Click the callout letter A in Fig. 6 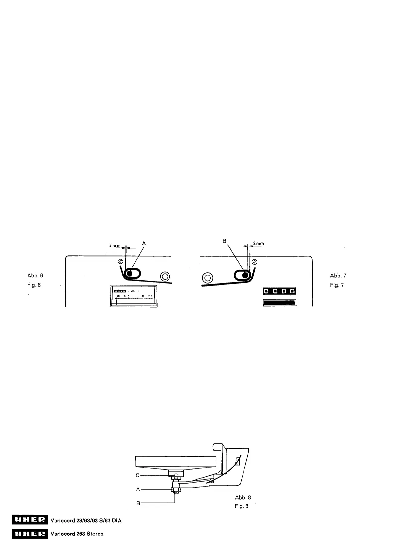coord(144,243)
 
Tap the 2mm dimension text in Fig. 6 coord(115,245)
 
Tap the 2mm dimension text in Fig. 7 coord(258,243)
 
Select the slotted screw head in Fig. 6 coord(121,261)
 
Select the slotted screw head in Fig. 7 coord(255,261)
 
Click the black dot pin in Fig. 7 coord(245,275)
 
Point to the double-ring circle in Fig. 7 coord(207,277)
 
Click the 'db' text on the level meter coord(132,291)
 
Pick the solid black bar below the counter coord(279,303)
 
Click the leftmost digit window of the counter coord(266,291)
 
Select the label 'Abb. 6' coord(35,275)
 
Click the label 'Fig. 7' coord(337,285)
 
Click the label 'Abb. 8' coord(243,497)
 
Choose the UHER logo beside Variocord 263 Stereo coord(30,534)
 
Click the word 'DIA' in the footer coord(116,520)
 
